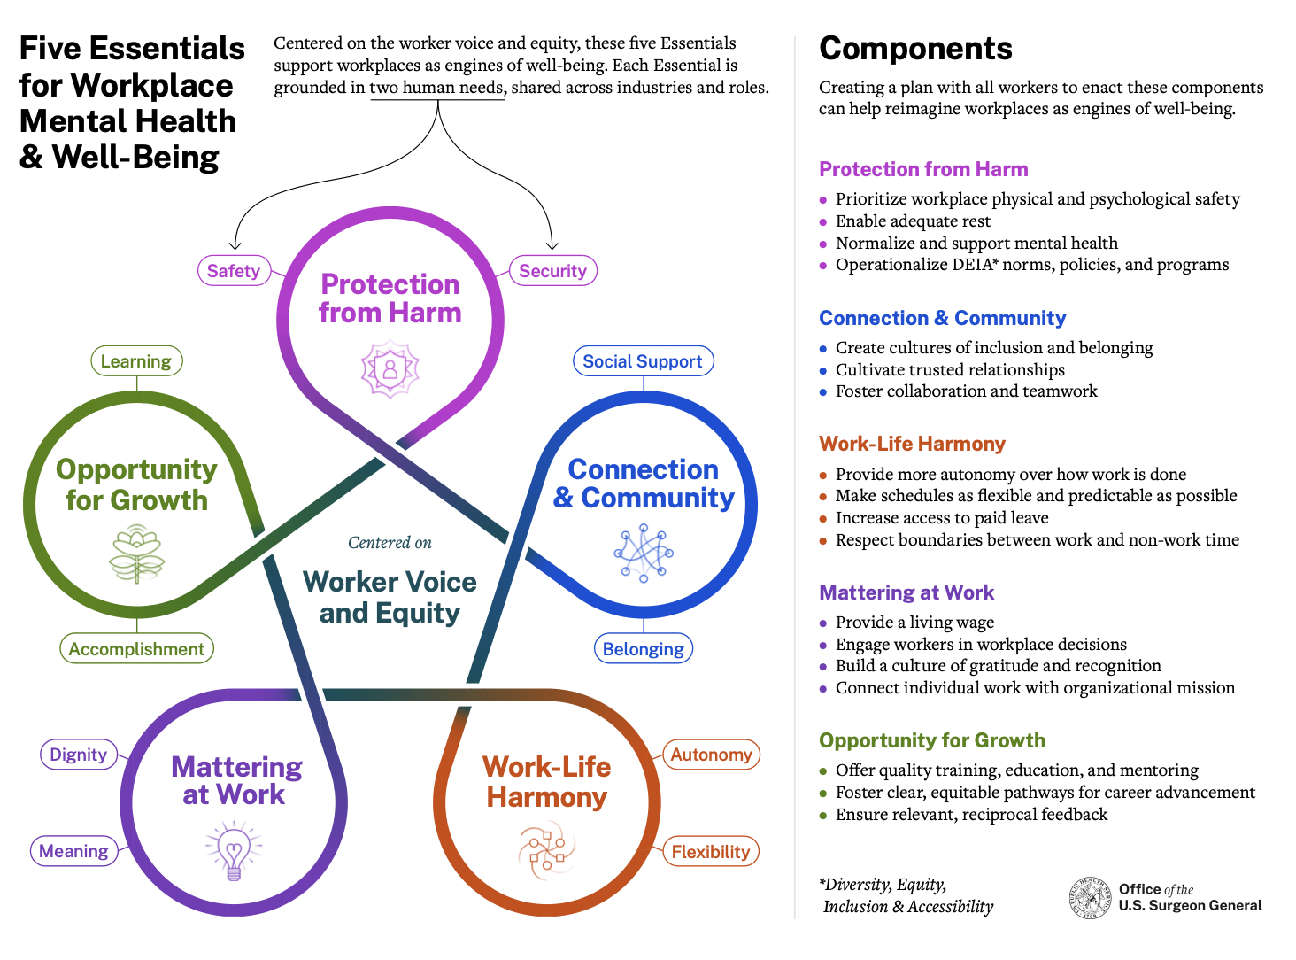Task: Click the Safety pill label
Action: pos(234,271)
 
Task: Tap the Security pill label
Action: pos(552,271)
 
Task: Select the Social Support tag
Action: pos(643,361)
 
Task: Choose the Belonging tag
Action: pos(643,649)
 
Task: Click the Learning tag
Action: pos(136,361)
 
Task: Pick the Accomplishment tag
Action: pos(136,649)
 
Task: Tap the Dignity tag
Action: pos(79,755)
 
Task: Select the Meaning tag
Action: pos(74,851)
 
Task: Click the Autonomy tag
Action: pos(711,755)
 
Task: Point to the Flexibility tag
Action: pos(711,852)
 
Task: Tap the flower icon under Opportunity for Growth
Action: pos(136,554)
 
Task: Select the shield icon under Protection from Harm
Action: pos(390,369)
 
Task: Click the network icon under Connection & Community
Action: pos(644,553)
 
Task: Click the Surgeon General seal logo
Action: pos(1091,898)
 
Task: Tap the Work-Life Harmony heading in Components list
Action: pos(912,444)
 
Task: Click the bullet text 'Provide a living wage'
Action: pos(914,623)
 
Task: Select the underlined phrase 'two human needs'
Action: pos(437,88)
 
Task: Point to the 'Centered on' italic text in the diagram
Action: pos(390,543)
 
